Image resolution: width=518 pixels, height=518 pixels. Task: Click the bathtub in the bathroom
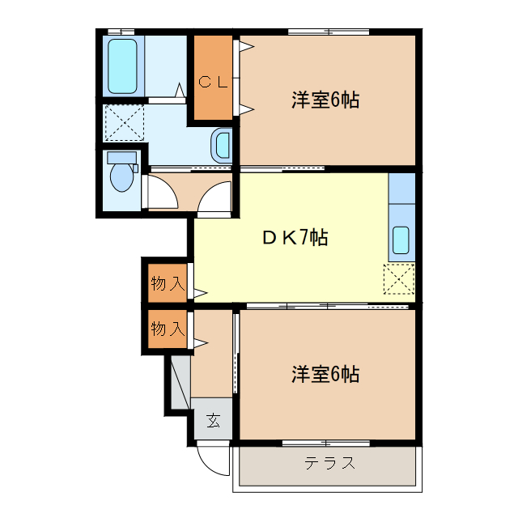tap(123, 66)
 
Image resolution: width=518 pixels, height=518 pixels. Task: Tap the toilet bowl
tap(122, 178)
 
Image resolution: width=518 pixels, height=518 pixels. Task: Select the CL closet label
tap(214, 81)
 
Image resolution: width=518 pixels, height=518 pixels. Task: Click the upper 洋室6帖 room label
tap(325, 100)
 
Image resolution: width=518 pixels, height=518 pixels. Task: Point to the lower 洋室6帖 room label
tap(325, 375)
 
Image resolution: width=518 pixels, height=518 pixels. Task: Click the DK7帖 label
tap(295, 238)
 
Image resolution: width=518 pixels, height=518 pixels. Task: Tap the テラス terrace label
tap(329, 464)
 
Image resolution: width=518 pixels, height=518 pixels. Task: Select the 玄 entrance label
tap(213, 420)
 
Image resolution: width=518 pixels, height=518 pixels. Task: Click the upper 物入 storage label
tap(168, 283)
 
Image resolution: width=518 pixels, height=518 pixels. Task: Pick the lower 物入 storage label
tap(168, 329)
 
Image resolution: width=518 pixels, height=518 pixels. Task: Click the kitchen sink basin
tap(401, 240)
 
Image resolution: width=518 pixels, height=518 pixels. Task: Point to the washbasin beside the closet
tap(222, 145)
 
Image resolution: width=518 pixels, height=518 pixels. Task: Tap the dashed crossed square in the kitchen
tap(398, 278)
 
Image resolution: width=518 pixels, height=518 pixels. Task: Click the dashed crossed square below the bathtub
tap(124, 122)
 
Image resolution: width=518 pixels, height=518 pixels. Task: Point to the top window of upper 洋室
tap(329, 32)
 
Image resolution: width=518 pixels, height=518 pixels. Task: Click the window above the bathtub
tap(123, 32)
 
